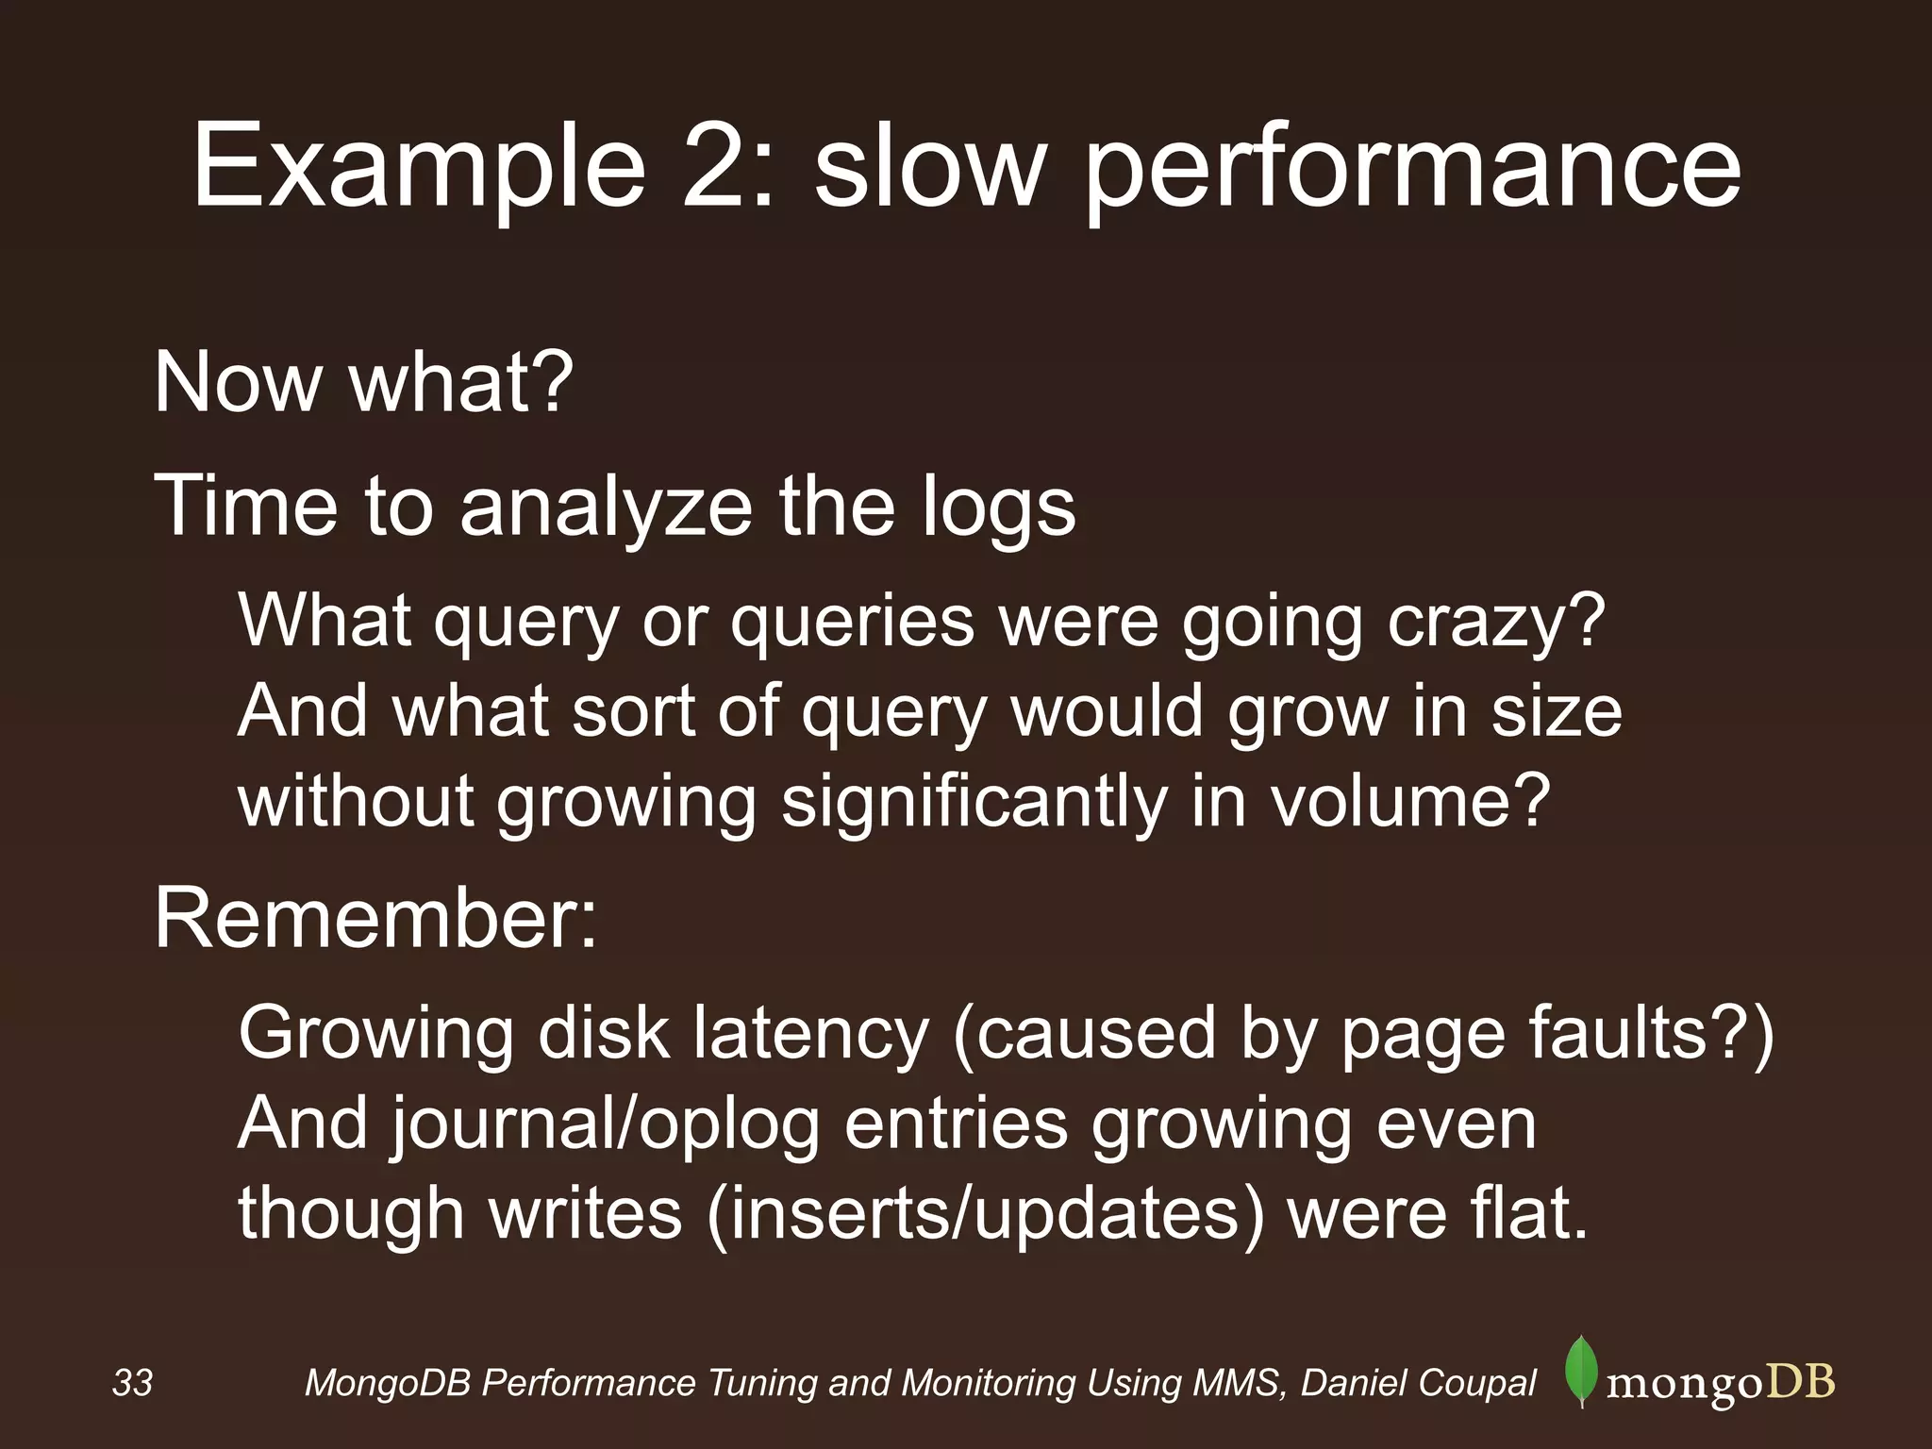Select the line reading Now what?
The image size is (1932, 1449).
click(363, 382)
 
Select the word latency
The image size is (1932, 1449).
click(810, 1033)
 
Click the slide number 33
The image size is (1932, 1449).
click(132, 1383)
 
